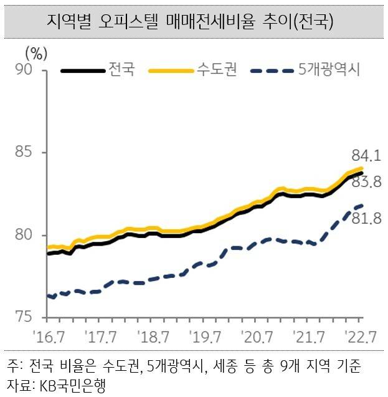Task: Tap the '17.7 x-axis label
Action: pos(102,337)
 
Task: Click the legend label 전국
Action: pos(121,69)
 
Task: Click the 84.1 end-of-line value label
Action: pos(366,155)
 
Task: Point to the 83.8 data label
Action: pos(366,183)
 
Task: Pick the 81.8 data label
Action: pos(366,218)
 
